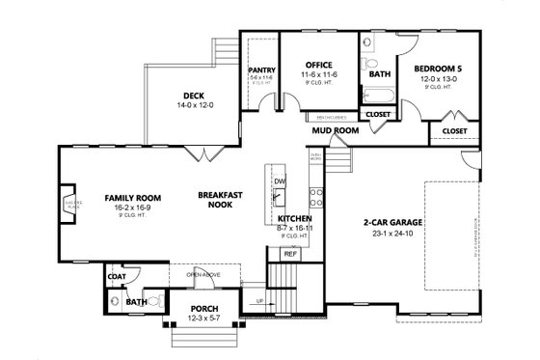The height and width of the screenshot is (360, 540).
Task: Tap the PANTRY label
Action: (262, 70)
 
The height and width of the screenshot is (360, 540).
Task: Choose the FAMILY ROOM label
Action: (132, 198)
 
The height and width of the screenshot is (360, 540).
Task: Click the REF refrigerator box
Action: (288, 254)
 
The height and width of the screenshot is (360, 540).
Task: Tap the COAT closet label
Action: (117, 277)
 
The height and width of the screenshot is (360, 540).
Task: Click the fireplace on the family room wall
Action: (67, 205)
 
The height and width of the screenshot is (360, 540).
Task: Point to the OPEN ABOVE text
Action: (203, 272)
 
